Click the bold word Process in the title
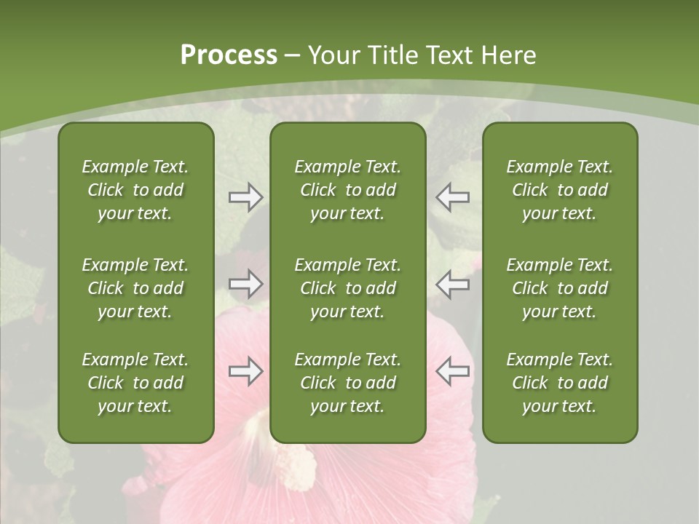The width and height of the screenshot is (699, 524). coord(229,55)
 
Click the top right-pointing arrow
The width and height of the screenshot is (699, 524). coord(245,197)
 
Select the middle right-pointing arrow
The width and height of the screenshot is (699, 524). coord(245,284)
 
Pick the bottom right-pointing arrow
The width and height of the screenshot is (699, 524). coord(245,372)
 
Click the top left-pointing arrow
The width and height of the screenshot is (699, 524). coord(452,197)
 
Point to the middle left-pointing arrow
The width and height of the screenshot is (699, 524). coord(452,284)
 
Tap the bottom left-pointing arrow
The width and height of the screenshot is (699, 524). coord(452,372)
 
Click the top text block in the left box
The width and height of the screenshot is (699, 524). coord(135,190)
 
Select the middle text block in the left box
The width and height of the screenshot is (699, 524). coord(135,288)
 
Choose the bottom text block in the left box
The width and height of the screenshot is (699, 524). coord(135,383)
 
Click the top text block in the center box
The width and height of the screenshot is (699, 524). coord(347,190)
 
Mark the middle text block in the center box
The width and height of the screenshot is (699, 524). coord(347,288)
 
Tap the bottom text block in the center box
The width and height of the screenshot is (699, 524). coord(347,383)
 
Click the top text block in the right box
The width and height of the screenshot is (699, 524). coord(559,190)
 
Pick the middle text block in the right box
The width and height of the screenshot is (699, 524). coord(559,288)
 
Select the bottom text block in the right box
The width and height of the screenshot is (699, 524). coord(559,383)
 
